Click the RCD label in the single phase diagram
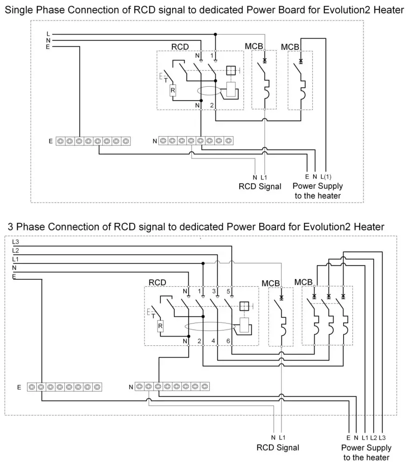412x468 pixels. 180,47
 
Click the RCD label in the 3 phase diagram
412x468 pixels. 157,282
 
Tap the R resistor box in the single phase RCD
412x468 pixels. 172,90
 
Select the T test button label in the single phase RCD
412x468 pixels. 165,80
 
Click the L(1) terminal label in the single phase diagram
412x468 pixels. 326,177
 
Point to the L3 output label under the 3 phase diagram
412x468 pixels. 382,437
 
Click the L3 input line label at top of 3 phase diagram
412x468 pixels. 16,242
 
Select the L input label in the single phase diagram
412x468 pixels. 48,34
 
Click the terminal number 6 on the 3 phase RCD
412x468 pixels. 228,341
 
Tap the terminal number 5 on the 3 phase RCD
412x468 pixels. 228,291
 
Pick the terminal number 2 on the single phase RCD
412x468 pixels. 212,106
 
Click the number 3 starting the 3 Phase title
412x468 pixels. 10,227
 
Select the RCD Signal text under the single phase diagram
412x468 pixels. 260,186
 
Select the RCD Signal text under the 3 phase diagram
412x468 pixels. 278,447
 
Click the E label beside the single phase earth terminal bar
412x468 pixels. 50,140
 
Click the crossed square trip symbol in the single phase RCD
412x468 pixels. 231,71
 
